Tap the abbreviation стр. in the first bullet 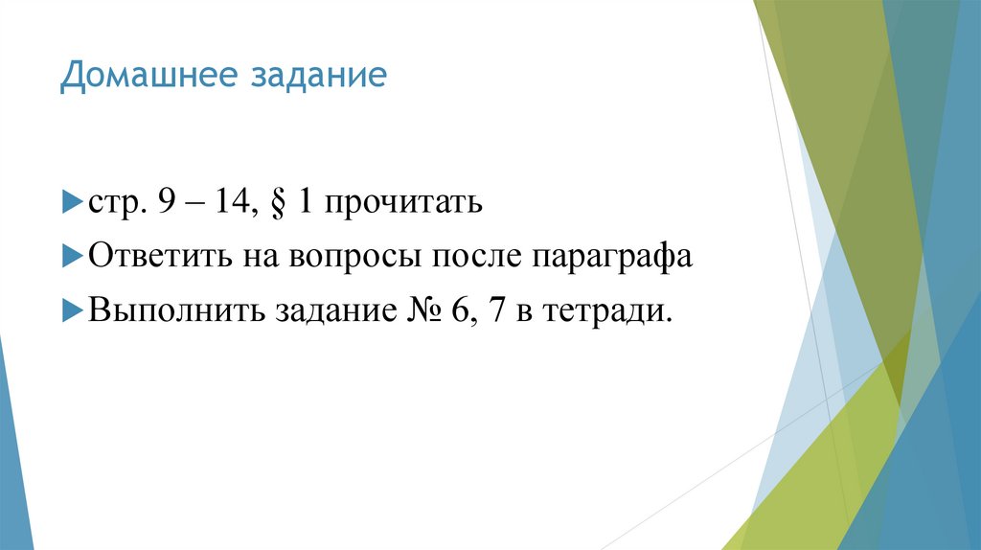(113, 204)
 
